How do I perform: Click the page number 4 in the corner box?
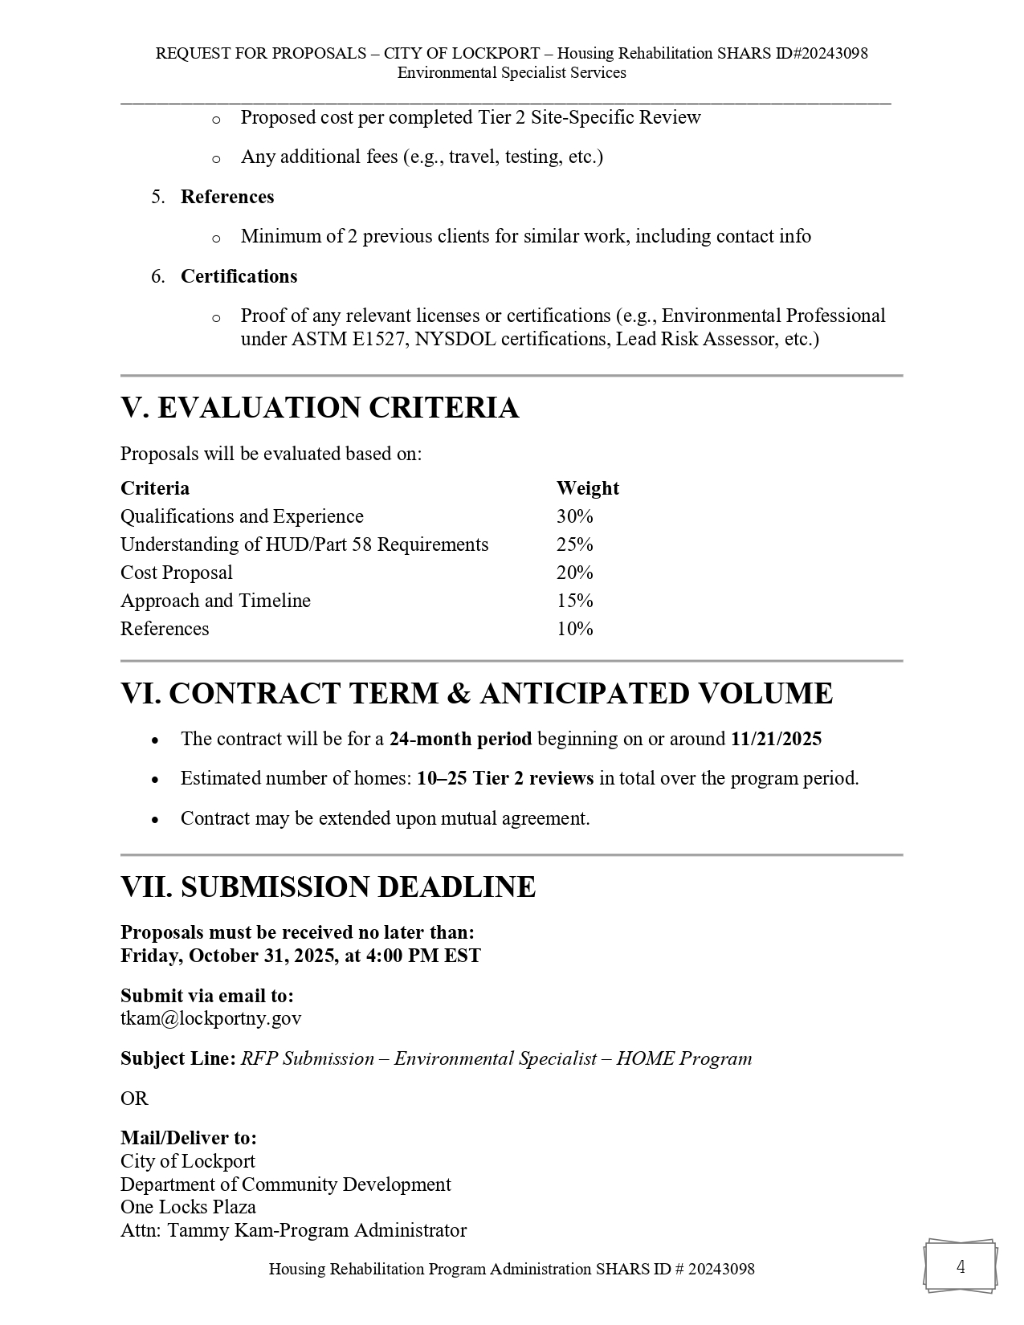pyautogui.click(x=961, y=1267)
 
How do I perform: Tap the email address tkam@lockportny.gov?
pyautogui.click(x=211, y=1019)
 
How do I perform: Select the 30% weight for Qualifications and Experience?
pyautogui.click(x=574, y=516)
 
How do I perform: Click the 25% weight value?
pyautogui.click(x=574, y=544)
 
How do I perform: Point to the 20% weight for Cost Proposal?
pyautogui.click(x=574, y=573)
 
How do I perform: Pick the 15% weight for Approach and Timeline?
pyautogui.click(x=574, y=601)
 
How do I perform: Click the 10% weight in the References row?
pyautogui.click(x=574, y=629)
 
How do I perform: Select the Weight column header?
pyautogui.click(x=587, y=488)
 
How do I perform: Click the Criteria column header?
pyautogui.click(x=155, y=488)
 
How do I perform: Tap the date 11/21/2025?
pyautogui.click(x=776, y=739)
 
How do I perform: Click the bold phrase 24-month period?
pyautogui.click(x=460, y=739)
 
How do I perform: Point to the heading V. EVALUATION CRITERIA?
pyautogui.click(x=320, y=408)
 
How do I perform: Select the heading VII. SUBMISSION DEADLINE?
pyautogui.click(x=328, y=887)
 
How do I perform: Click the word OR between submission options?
pyautogui.click(x=134, y=1099)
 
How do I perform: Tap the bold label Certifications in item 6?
pyautogui.click(x=239, y=276)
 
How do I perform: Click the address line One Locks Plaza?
pyautogui.click(x=188, y=1207)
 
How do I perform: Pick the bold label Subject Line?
pyautogui.click(x=178, y=1058)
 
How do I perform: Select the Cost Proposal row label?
pyautogui.click(x=177, y=573)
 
